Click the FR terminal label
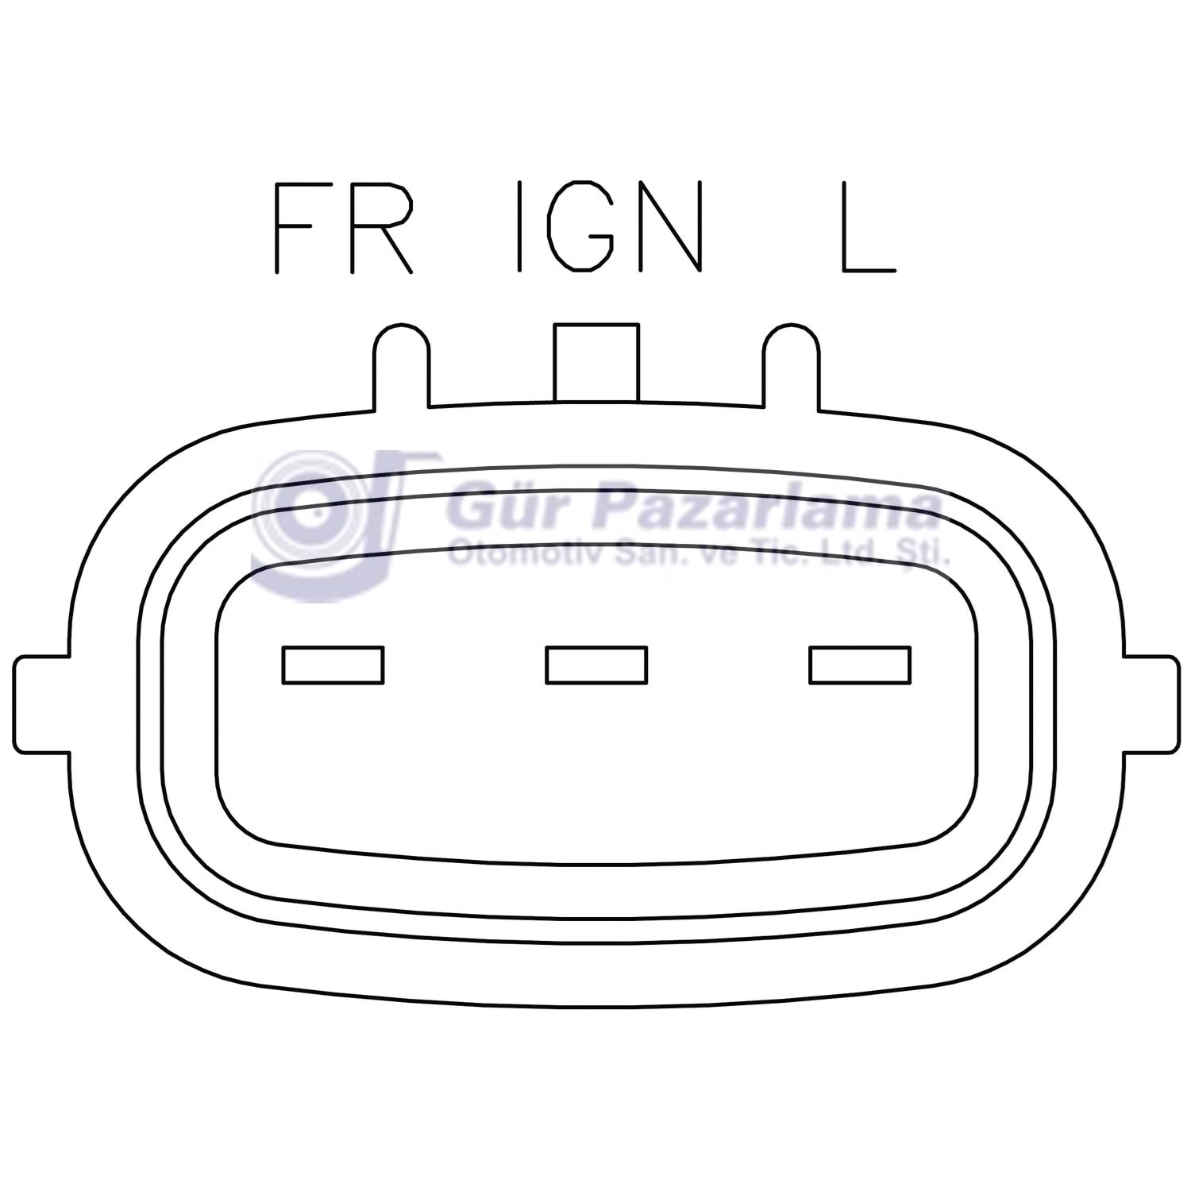pyautogui.click(x=344, y=227)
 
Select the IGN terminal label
pyautogui.click(x=610, y=227)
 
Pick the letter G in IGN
pyautogui.click(x=580, y=227)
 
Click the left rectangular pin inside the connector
pyautogui.click(x=333, y=665)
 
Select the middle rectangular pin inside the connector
pyautogui.click(x=596, y=665)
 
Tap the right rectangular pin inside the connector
pyautogui.click(x=860, y=665)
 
